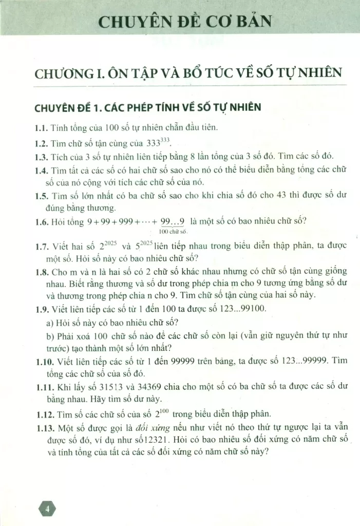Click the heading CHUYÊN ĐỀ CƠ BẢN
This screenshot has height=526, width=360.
(x=184, y=22)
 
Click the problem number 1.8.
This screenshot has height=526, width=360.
(x=42, y=271)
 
